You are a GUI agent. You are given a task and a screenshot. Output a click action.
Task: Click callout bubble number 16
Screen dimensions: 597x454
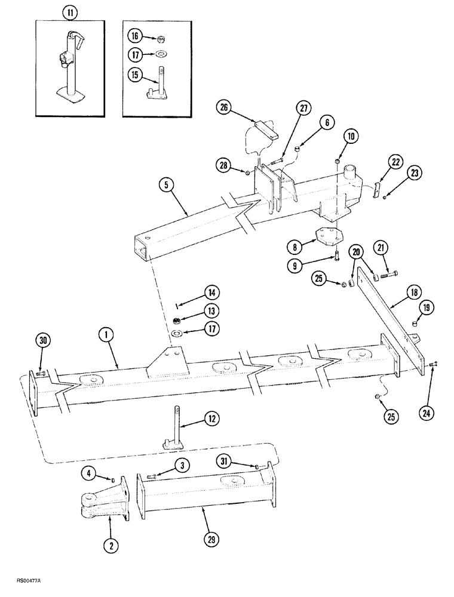(x=134, y=36)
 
